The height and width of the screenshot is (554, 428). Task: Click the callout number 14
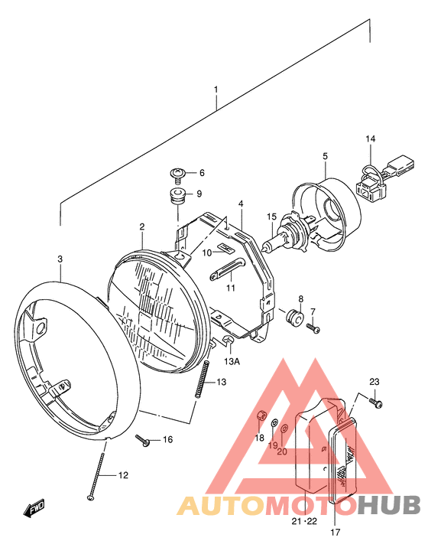click(371, 138)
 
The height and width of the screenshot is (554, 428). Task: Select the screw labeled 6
click(178, 175)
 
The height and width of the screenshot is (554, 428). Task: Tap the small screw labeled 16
click(143, 440)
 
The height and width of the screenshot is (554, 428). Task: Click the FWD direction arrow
click(34, 508)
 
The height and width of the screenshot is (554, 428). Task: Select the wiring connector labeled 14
click(384, 175)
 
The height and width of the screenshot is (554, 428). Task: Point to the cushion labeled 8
click(294, 318)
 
